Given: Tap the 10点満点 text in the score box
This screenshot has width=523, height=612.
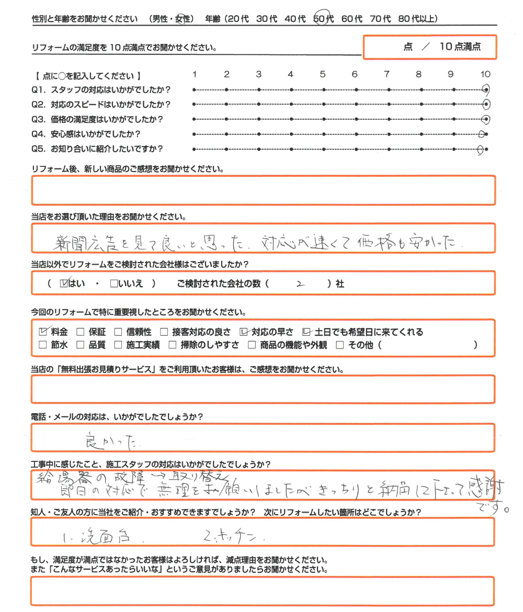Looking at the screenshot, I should [x=460, y=47].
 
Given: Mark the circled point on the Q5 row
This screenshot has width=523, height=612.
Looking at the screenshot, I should [x=481, y=150].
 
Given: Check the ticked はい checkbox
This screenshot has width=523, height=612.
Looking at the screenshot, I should [x=65, y=284].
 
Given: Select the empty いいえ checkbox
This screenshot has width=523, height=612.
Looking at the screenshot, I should [x=114, y=284].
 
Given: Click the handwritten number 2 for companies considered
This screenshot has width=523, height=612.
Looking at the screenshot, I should [x=300, y=284].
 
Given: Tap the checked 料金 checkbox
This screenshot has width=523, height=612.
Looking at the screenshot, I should [x=44, y=332].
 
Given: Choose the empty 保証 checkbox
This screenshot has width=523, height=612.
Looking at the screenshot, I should [x=80, y=332].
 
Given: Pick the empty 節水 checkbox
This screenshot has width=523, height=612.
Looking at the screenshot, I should [x=43, y=345].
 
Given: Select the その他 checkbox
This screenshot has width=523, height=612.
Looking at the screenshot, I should [x=340, y=345].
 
